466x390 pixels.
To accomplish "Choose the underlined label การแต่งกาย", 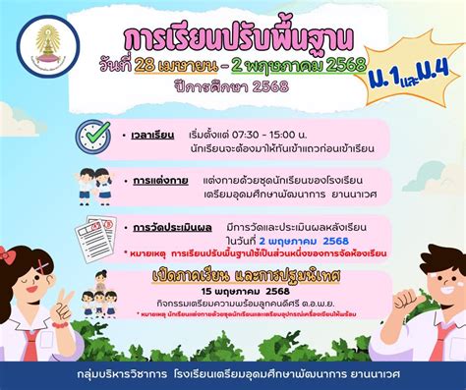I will point(154,180).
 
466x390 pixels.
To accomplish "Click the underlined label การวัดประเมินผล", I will point(166,229).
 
